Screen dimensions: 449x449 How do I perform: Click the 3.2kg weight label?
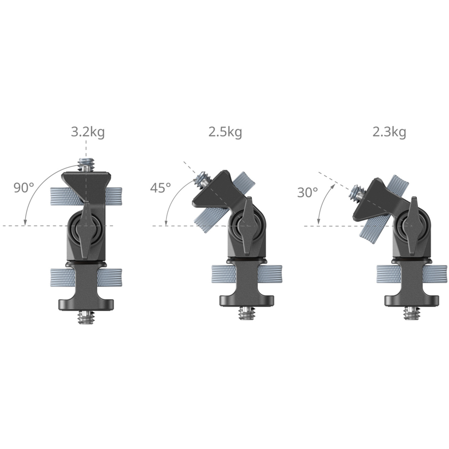pyautogui.click(x=88, y=132)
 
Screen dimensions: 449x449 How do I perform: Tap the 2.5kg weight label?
pyautogui.click(x=225, y=132)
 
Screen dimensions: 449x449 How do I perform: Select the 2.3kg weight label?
pyautogui.click(x=389, y=132)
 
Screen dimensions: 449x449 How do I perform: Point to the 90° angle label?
pyautogui.click(x=24, y=188)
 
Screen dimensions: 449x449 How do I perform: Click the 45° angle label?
pyautogui.click(x=160, y=188)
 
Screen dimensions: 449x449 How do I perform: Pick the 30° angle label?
pyautogui.click(x=307, y=192)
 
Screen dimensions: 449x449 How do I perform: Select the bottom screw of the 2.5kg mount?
pyautogui.click(x=247, y=313)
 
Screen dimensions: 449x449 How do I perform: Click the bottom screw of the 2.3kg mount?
pyautogui.click(x=411, y=313)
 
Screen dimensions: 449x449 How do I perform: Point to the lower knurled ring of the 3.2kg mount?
pyautogui.click(x=86, y=278)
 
